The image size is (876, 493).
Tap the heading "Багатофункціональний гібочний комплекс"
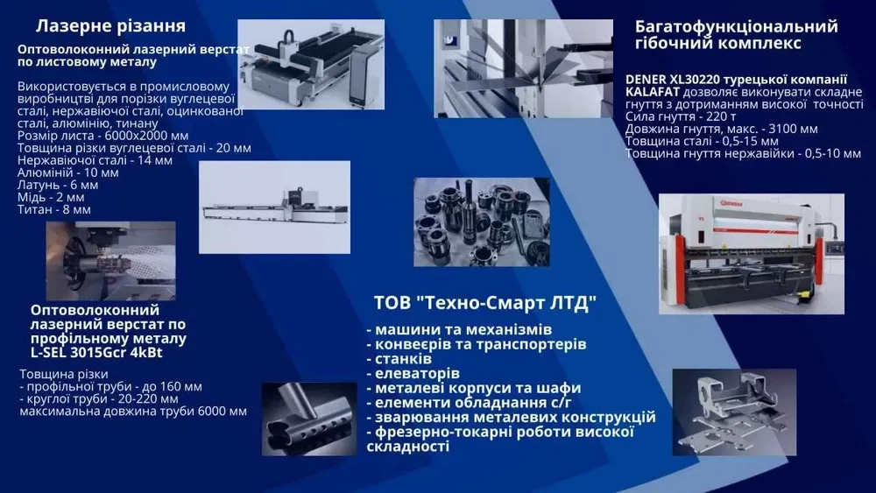[736, 34]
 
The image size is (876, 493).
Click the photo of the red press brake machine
[751, 253]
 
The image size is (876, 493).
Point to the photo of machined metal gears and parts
[481, 222]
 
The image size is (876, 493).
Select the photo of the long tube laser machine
[274, 202]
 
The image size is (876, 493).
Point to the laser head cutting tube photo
[110, 260]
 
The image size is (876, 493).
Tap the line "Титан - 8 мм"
[54, 210]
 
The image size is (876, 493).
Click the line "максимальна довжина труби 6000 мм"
[132, 412]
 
